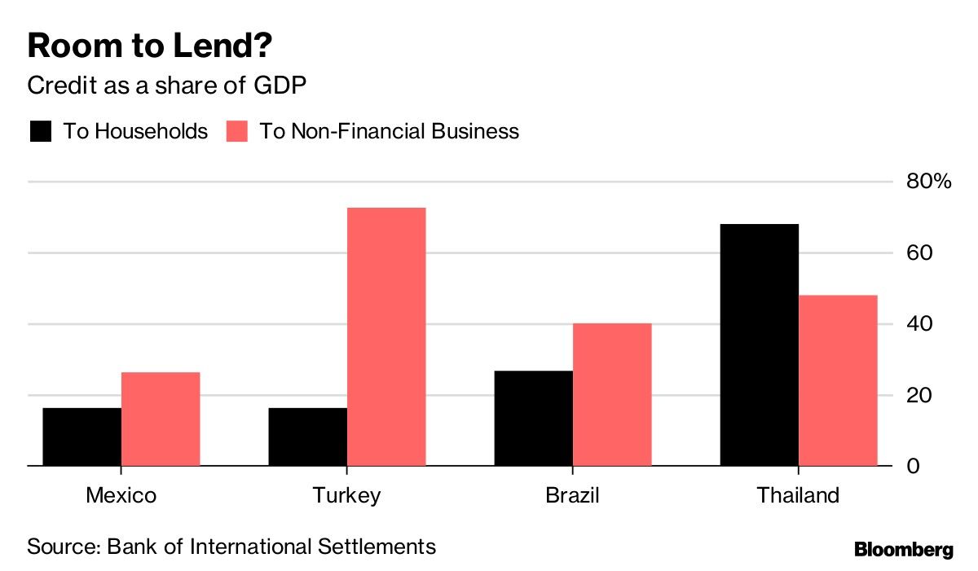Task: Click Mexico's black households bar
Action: tap(81, 437)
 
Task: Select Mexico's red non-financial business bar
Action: tap(161, 419)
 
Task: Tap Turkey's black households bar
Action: tap(307, 437)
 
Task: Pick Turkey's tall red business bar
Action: tap(386, 336)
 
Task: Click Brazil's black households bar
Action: tap(533, 418)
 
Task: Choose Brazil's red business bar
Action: tap(612, 394)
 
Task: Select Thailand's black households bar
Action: tap(759, 345)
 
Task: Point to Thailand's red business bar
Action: tap(838, 380)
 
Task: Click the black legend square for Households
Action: tap(40, 131)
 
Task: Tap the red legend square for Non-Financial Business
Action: tap(236, 131)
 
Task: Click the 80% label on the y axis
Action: tap(929, 182)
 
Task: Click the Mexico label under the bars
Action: tap(121, 495)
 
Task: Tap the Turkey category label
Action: tap(346, 495)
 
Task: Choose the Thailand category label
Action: tap(797, 495)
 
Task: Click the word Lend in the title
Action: tap(216, 46)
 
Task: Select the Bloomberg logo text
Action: tap(903, 550)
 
